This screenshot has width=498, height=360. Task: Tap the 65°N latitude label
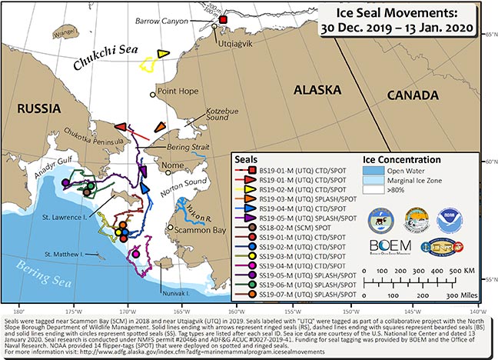pos(490,33)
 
